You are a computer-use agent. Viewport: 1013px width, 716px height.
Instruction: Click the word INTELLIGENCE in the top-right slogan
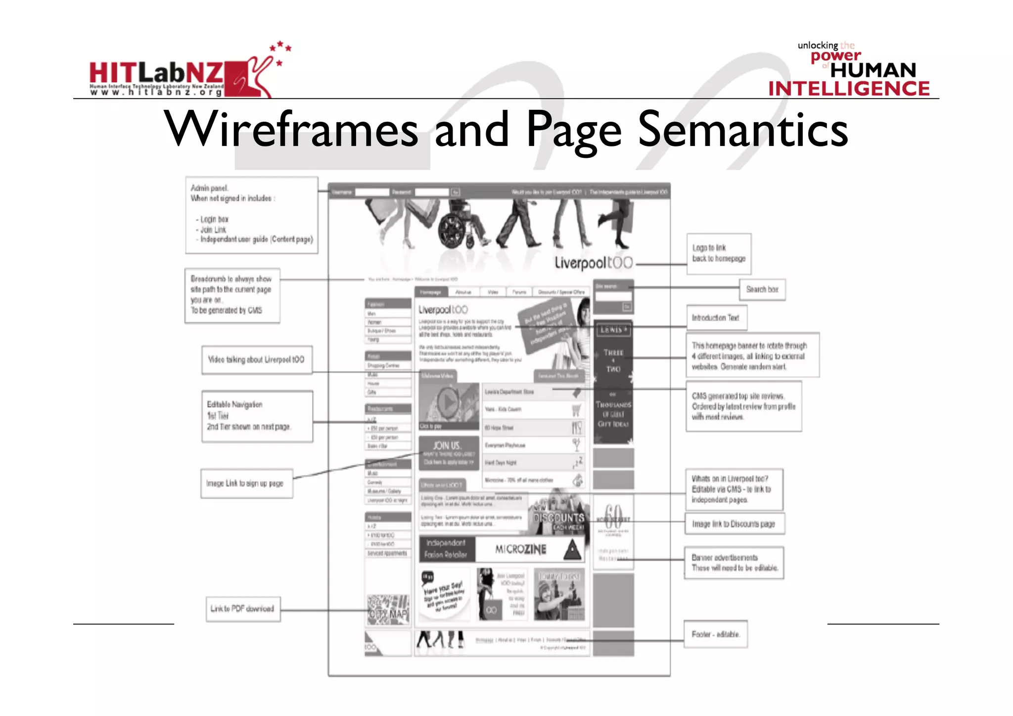click(x=849, y=89)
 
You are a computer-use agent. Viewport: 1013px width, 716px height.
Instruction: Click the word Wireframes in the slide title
click(x=292, y=130)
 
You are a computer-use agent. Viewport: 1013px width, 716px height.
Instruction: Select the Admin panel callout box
click(x=251, y=215)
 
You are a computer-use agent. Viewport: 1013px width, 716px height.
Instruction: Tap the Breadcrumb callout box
click(x=232, y=295)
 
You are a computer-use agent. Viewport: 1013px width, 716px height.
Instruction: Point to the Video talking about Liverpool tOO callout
click(x=256, y=360)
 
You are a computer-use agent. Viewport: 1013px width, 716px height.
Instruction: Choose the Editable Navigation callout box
click(x=257, y=416)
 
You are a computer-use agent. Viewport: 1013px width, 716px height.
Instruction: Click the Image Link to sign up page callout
click(x=246, y=483)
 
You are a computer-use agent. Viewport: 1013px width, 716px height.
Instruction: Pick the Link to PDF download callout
click(x=242, y=609)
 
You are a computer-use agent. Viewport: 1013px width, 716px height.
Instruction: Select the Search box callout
click(x=762, y=289)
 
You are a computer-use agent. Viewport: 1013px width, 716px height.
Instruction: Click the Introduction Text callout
click(x=716, y=318)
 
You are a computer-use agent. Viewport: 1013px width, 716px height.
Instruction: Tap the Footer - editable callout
click(x=715, y=634)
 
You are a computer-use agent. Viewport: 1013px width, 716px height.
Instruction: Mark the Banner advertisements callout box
click(x=734, y=563)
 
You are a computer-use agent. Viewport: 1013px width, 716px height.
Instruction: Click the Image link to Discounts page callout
click(x=734, y=524)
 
